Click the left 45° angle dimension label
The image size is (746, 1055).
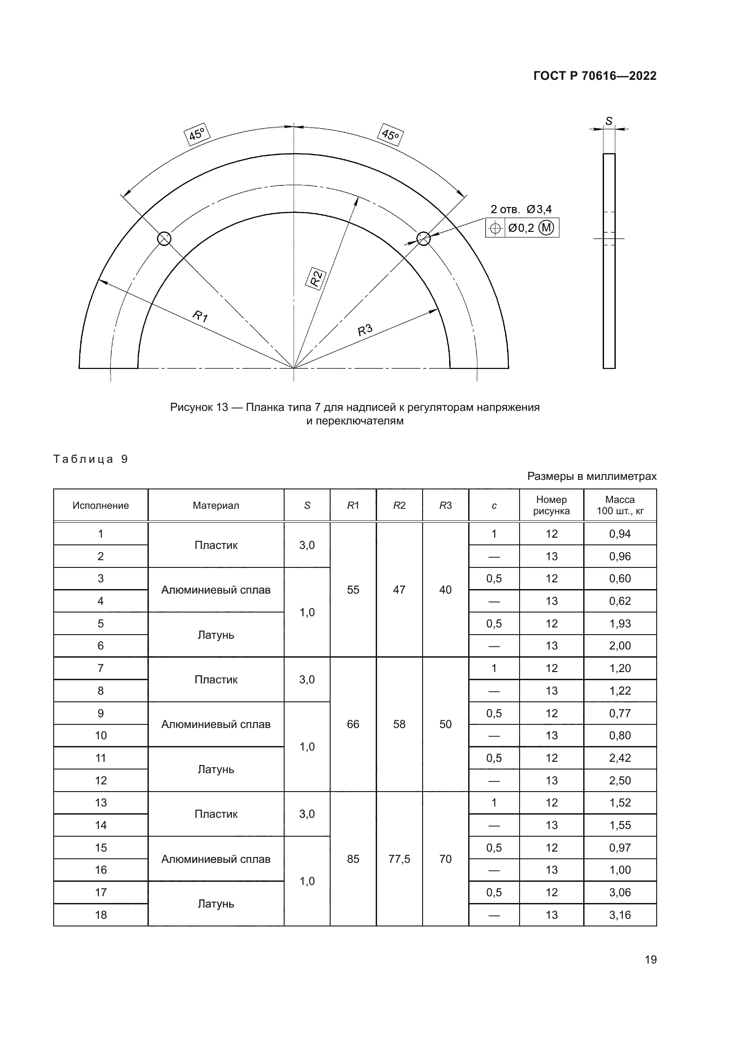[x=197, y=134]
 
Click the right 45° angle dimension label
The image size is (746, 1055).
[x=391, y=134]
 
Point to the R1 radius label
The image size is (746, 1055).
[x=200, y=316]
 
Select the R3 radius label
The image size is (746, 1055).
[x=365, y=330]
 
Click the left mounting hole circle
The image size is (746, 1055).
[x=164, y=239]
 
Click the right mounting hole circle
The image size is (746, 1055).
[x=423, y=239]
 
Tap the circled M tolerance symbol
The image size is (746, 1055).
[x=546, y=227]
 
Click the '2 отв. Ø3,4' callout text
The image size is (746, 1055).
[x=521, y=210]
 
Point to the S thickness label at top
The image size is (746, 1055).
[x=608, y=121]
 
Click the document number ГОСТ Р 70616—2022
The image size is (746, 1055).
[x=595, y=76]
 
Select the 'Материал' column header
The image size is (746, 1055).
[x=216, y=506]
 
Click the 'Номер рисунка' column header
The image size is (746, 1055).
[x=551, y=505]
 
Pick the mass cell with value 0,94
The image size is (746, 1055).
[x=620, y=534]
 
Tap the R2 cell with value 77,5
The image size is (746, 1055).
[x=399, y=859]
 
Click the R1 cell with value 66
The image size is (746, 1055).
[x=353, y=724]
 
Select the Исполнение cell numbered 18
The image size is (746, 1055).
[x=101, y=915]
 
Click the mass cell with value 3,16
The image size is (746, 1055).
[x=620, y=915]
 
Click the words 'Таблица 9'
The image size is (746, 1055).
[x=91, y=459]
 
